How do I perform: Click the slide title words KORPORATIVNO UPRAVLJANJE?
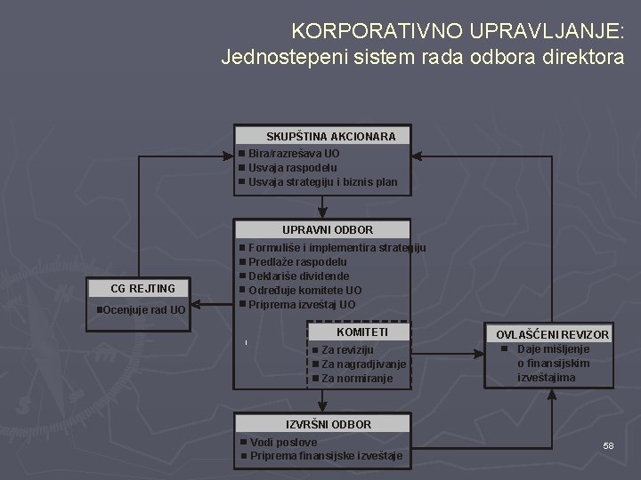point(458,33)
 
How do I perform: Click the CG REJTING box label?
point(142,288)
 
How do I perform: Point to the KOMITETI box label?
point(361,332)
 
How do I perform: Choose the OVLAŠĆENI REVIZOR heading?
point(552,334)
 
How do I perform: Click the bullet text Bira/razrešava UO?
point(293,154)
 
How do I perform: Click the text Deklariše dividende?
point(298,276)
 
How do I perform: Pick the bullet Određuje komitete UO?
point(304,290)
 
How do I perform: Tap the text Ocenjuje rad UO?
point(143,310)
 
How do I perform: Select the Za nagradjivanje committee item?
point(363,364)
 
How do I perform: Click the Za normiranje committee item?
point(356,379)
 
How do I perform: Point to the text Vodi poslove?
point(283,442)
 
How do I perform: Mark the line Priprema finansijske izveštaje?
point(326,456)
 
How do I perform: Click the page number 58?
point(608,444)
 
